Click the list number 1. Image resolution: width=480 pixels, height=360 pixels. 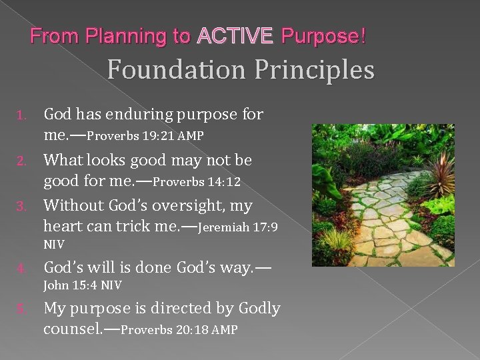click(22, 116)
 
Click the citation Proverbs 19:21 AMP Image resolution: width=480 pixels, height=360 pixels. click(145, 136)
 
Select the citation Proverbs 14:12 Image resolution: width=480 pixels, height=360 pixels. click(199, 181)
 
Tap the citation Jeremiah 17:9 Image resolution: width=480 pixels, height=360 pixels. click(239, 227)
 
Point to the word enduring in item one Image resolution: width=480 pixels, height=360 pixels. click(145, 115)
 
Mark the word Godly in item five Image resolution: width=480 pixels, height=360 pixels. click(253, 309)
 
